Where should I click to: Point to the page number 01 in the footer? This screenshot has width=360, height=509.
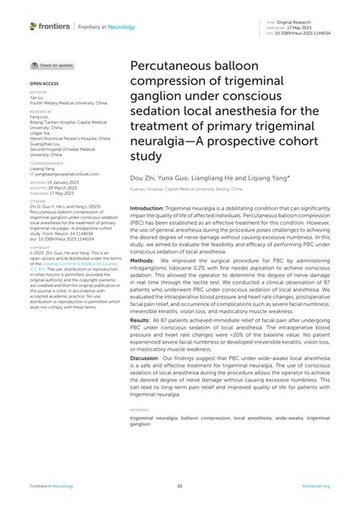(180, 486)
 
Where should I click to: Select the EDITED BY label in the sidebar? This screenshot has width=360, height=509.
(39, 93)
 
